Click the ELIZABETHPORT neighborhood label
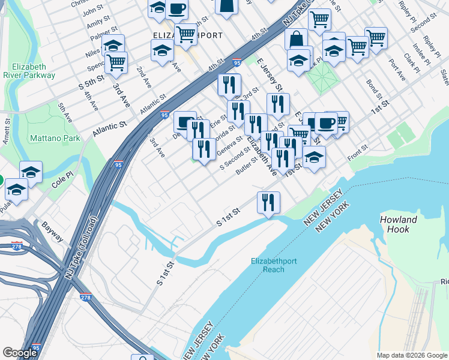pos(188,36)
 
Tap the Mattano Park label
pos(55,138)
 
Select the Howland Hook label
pos(399,224)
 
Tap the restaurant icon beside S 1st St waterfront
pos(268,202)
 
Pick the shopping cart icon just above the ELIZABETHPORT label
pos(186,34)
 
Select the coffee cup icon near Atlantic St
pos(185,122)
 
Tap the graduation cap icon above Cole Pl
pos(31,172)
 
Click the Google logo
pos(20,353)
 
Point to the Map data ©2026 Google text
pos(411,355)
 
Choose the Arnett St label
pos(7,131)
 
